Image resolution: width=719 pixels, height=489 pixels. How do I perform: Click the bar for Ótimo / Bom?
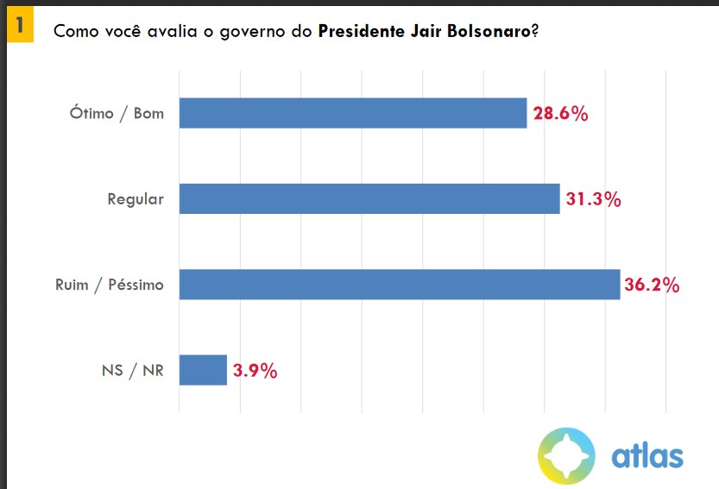point(352,113)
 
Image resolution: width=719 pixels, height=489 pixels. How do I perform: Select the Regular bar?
point(369,199)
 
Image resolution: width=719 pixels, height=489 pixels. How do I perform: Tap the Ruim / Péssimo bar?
point(400,285)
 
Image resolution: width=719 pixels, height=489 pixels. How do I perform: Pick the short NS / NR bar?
point(203,371)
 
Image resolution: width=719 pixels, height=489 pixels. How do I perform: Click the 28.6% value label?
point(560,114)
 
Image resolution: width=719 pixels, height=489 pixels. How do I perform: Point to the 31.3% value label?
point(594,199)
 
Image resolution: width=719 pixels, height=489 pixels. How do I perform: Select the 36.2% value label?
point(652,285)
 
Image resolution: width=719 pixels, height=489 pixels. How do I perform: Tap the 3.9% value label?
point(255,372)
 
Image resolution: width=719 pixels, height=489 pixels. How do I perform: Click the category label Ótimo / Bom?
point(117,113)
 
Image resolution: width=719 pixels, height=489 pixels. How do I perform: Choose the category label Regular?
point(135,199)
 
